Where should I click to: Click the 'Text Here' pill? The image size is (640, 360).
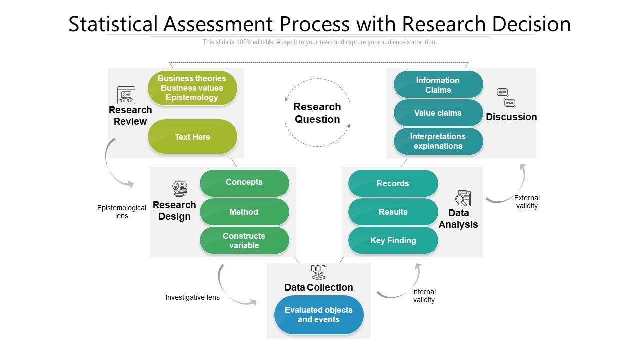192,137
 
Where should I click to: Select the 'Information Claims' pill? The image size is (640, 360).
438,85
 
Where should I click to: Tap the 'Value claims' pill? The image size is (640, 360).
438,113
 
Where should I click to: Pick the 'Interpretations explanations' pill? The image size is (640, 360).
438,141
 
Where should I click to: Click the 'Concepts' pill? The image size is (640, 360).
244,182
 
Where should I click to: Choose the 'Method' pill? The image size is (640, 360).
244,212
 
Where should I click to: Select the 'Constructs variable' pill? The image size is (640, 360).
244,240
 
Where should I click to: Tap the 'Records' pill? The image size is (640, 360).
393,183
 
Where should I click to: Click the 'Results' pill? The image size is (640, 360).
393,212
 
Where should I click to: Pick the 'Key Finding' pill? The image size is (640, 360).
393,240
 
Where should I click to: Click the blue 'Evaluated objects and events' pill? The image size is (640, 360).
319,315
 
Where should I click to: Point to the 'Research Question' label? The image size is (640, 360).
317,113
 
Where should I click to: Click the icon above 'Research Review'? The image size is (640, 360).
126,95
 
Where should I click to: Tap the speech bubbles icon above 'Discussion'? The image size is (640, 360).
506,98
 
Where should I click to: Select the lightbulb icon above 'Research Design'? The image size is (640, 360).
179,189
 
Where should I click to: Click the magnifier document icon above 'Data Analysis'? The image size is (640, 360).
463,198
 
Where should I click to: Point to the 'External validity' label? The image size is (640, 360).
527,202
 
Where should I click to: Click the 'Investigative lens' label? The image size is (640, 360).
192,297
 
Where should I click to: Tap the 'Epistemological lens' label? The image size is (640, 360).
122,212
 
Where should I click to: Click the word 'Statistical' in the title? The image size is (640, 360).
114,24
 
